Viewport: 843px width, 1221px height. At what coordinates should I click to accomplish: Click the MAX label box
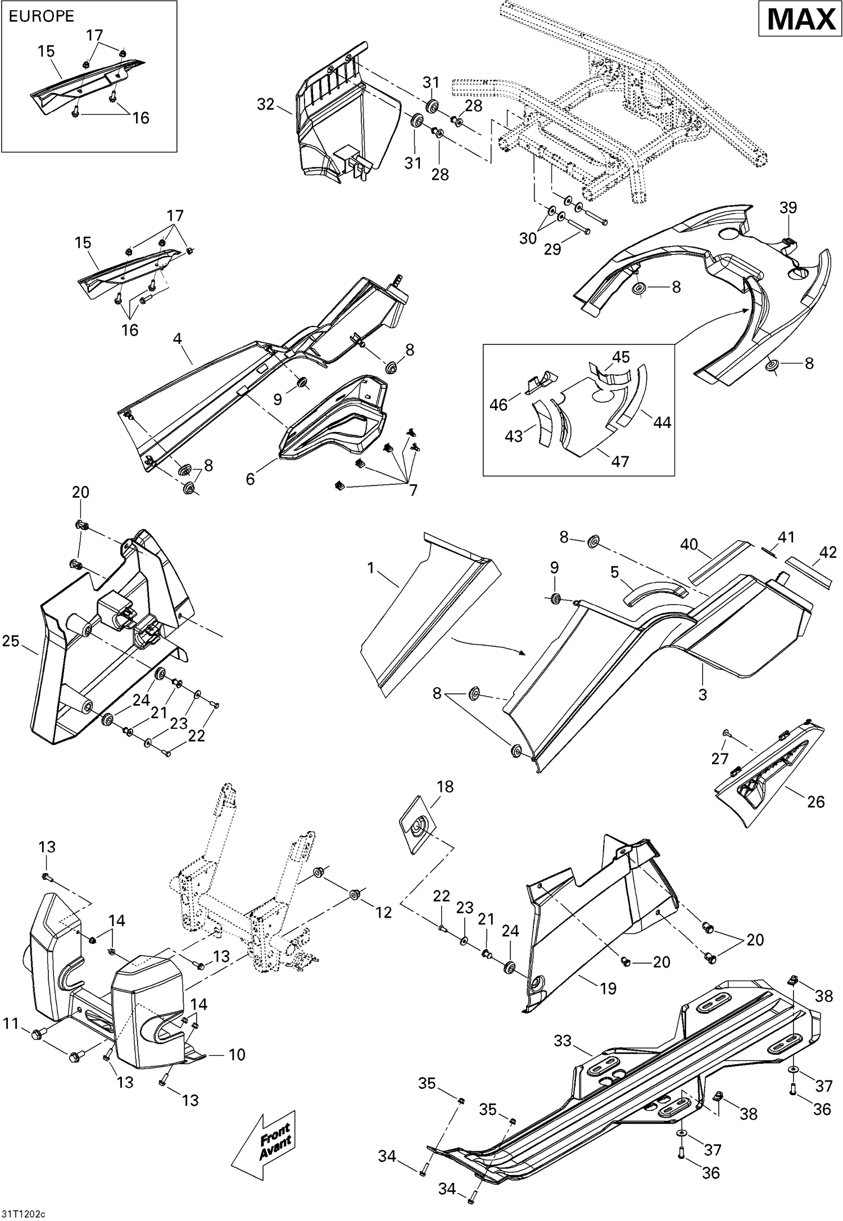coord(801,20)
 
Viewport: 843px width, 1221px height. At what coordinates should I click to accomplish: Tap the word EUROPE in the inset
coord(42,16)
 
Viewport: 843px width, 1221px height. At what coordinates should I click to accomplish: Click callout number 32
coord(266,104)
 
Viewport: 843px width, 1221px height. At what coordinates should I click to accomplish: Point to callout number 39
coord(788,207)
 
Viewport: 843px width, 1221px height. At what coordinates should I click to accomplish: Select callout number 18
coord(445,786)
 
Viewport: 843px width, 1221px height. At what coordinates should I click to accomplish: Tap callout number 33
coord(563,1041)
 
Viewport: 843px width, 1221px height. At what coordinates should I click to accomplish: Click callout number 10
coord(237,1055)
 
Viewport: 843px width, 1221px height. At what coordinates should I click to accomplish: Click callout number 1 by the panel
coord(370,568)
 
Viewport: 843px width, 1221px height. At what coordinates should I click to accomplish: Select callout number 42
coord(828,552)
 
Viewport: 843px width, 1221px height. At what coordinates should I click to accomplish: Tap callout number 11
coord(11,1024)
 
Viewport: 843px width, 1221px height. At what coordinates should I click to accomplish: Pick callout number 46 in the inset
coord(498,404)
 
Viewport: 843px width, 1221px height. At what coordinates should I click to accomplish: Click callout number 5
coord(614,572)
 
